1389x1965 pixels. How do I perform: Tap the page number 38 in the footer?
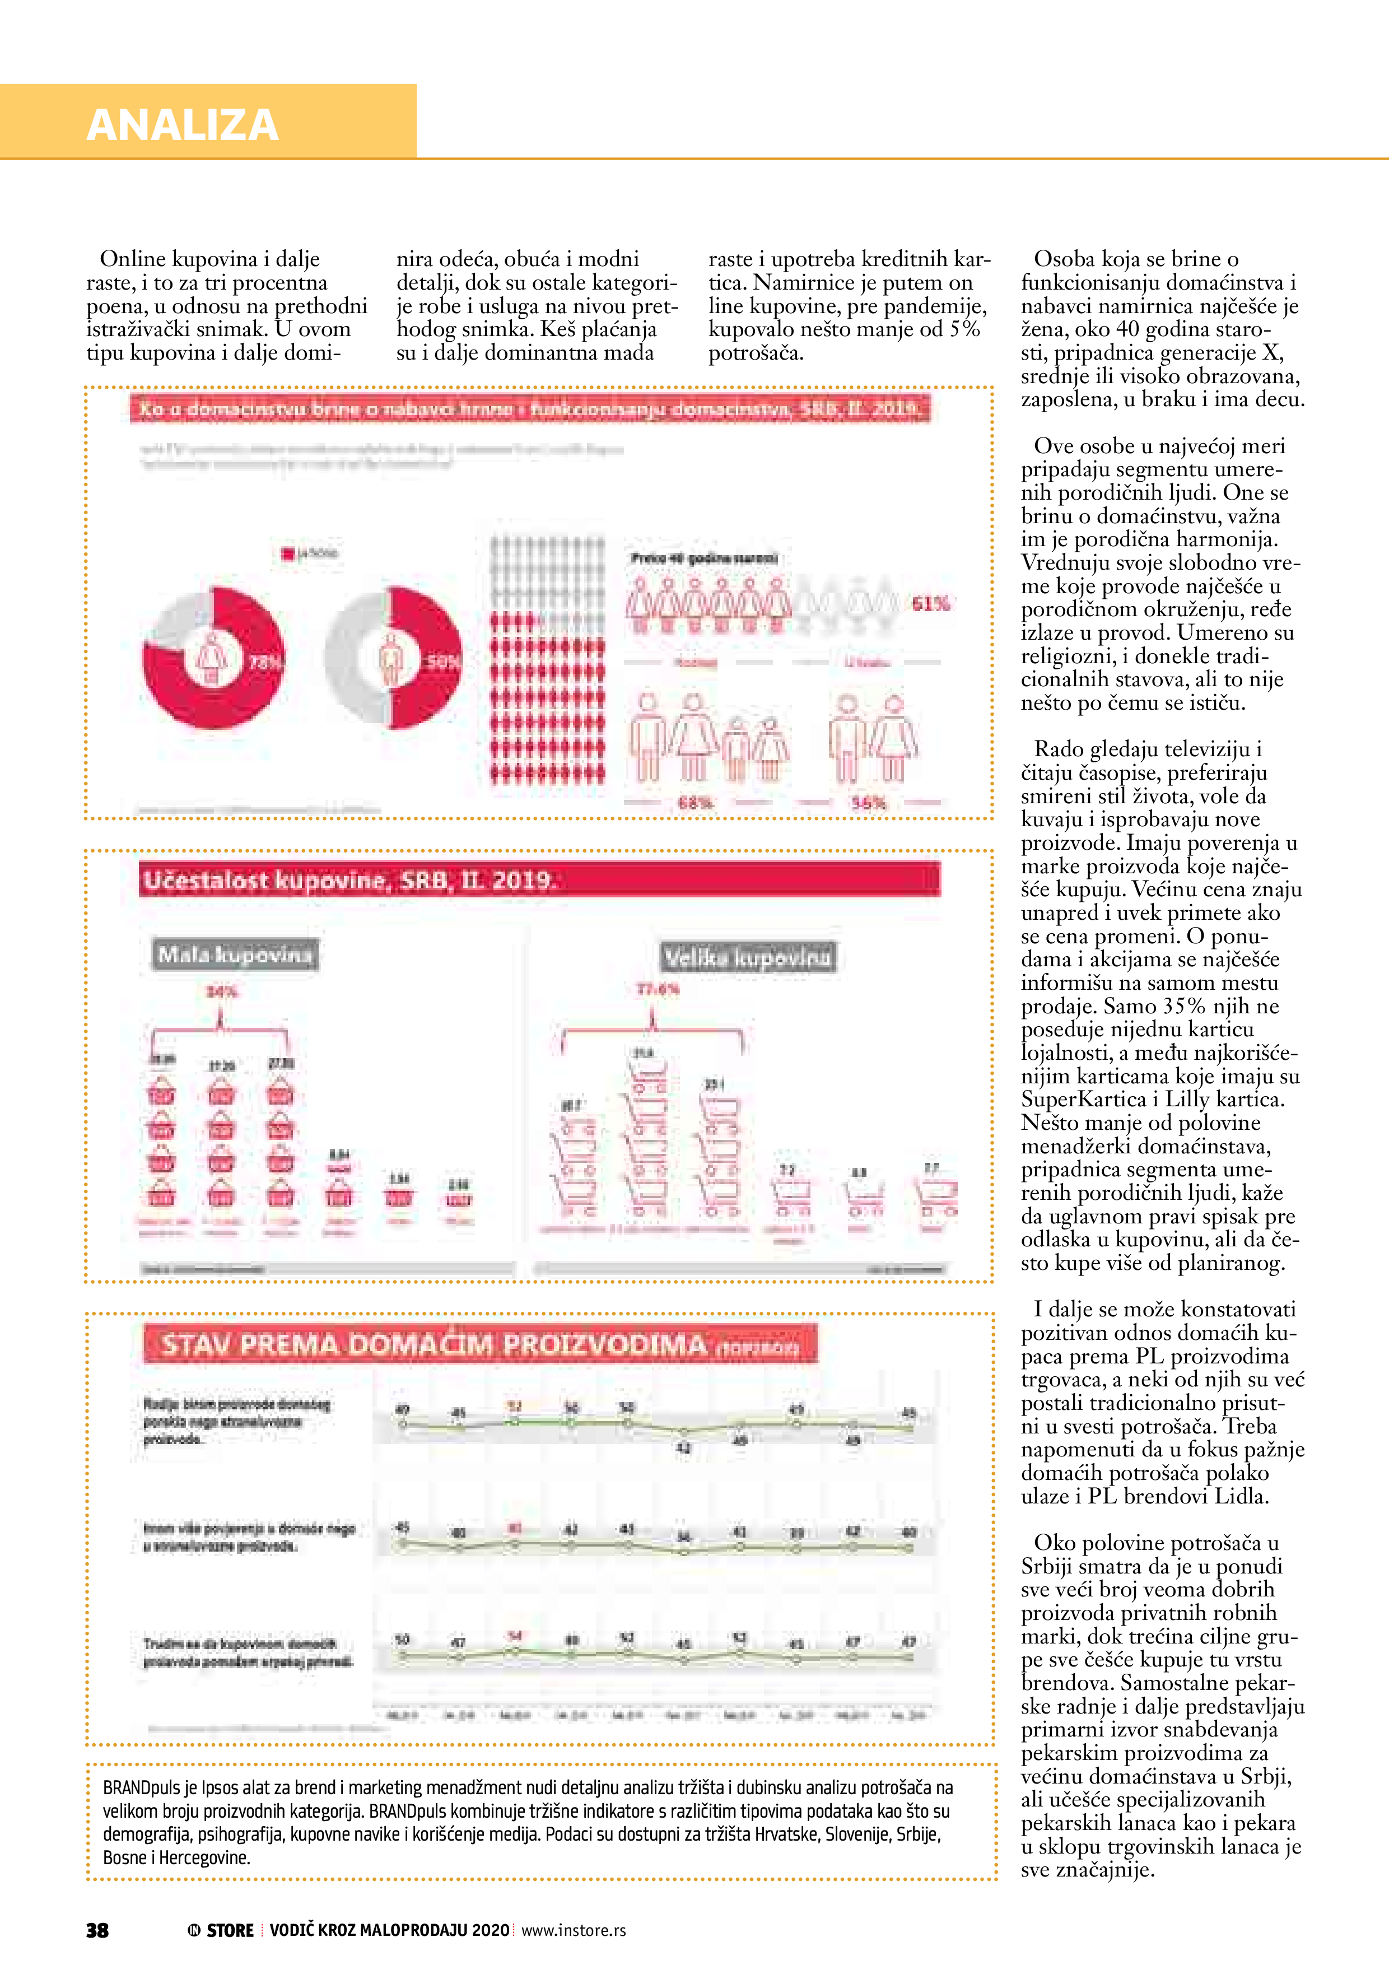pyautogui.click(x=97, y=1930)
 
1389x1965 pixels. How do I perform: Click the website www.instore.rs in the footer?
pyautogui.click(x=574, y=1930)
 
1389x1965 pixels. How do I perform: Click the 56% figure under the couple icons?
pyautogui.click(x=868, y=803)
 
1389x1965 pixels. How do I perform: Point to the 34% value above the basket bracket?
pyautogui.click(x=221, y=991)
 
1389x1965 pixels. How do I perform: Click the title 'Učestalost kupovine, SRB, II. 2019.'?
pyautogui.click(x=349, y=881)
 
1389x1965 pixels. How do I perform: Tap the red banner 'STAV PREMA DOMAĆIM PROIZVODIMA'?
pyautogui.click(x=479, y=1344)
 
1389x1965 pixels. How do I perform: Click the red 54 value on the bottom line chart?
pyautogui.click(x=514, y=1636)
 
